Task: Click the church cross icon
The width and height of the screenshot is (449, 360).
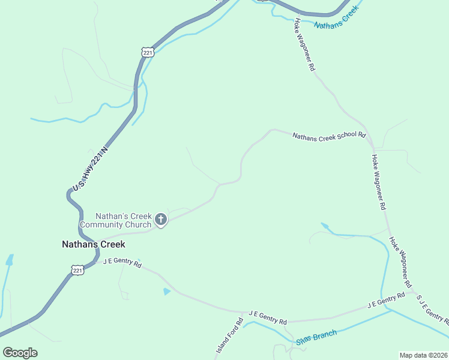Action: click(x=160, y=220)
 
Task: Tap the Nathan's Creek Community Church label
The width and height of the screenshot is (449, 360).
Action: click(x=124, y=220)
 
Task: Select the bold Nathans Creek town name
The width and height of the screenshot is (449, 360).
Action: click(x=94, y=244)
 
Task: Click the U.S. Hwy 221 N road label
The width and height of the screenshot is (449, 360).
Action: click(x=89, y=170)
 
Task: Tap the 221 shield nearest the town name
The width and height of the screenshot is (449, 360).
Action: click(x=78, y=271)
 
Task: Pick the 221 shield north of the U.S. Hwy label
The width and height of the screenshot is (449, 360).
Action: click(x=148, y=52)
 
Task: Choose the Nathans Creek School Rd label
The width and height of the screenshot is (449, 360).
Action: click(x=329, y=136)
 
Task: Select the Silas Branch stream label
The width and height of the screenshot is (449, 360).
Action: click(x=317, y=338)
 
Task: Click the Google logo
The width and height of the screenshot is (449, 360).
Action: click(x=20, y=352)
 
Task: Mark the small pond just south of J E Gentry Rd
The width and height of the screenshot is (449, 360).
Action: click(x=166, y=292)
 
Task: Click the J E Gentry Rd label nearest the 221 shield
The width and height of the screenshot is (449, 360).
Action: click(x=122, y=263)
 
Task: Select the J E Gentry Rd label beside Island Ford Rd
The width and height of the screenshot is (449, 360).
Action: click(x=268, y=317)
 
